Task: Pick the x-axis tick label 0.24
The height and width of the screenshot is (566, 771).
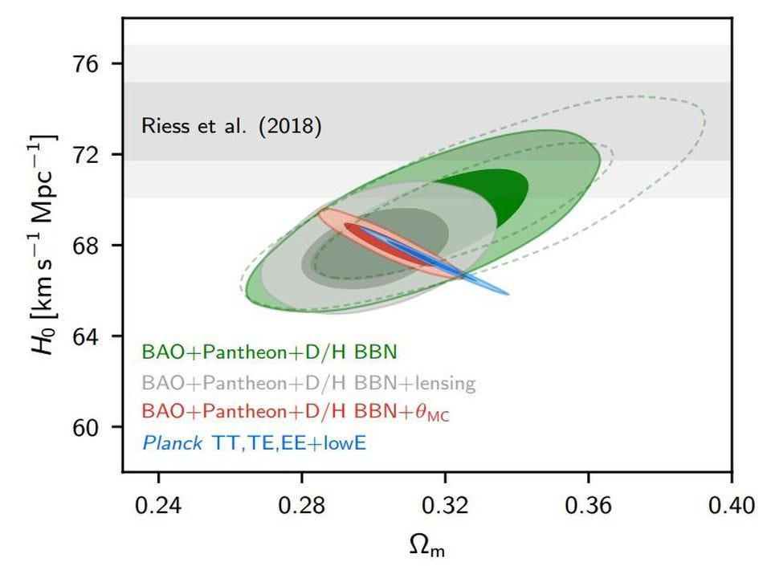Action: pos(158,506)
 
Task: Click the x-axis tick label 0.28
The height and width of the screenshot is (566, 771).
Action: pos(302,506)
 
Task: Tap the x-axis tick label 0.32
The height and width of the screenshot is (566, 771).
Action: pos(445,506)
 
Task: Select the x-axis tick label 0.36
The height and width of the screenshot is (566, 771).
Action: pos(589,506)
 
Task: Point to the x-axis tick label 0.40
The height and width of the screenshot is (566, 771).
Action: pos(731,506)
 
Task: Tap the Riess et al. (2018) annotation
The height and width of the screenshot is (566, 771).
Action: pos(231,126)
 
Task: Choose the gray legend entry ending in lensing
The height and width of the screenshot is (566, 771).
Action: pos(308,382)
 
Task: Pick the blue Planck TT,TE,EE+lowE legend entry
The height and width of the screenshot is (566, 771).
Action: pos(254,442)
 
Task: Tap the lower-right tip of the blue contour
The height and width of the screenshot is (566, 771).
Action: pos(507,293)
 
